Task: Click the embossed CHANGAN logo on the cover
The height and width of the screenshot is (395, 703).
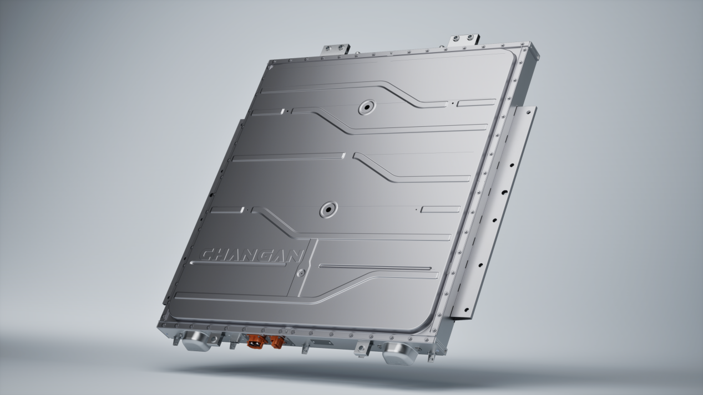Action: click(251, 255)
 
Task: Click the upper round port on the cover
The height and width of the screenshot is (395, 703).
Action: click(367, 107)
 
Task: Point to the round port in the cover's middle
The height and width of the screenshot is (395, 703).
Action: click(328, 209)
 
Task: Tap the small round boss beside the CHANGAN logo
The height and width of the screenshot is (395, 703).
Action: click(300, 273)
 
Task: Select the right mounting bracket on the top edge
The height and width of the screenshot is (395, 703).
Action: click(463, 39)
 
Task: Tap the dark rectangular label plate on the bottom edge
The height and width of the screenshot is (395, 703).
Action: click(322, 343)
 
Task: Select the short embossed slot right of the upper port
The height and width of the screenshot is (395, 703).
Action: click(476, 102)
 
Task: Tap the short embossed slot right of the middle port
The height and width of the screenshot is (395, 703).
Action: click(441, 209)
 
